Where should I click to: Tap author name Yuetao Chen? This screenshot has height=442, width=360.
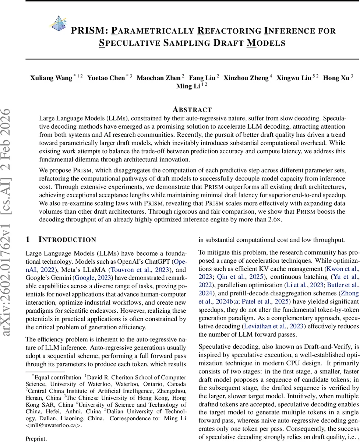pos(106,78)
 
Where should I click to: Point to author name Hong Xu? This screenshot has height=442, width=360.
pos(336,78)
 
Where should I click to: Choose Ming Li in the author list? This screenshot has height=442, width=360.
pos(188,86)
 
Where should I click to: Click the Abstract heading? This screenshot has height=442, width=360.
pos(192,110)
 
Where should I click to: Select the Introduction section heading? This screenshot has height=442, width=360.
pos(67,240)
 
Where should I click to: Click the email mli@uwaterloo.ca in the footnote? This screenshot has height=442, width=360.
pos(55,425)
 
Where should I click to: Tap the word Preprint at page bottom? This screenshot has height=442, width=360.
pos(36,439)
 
